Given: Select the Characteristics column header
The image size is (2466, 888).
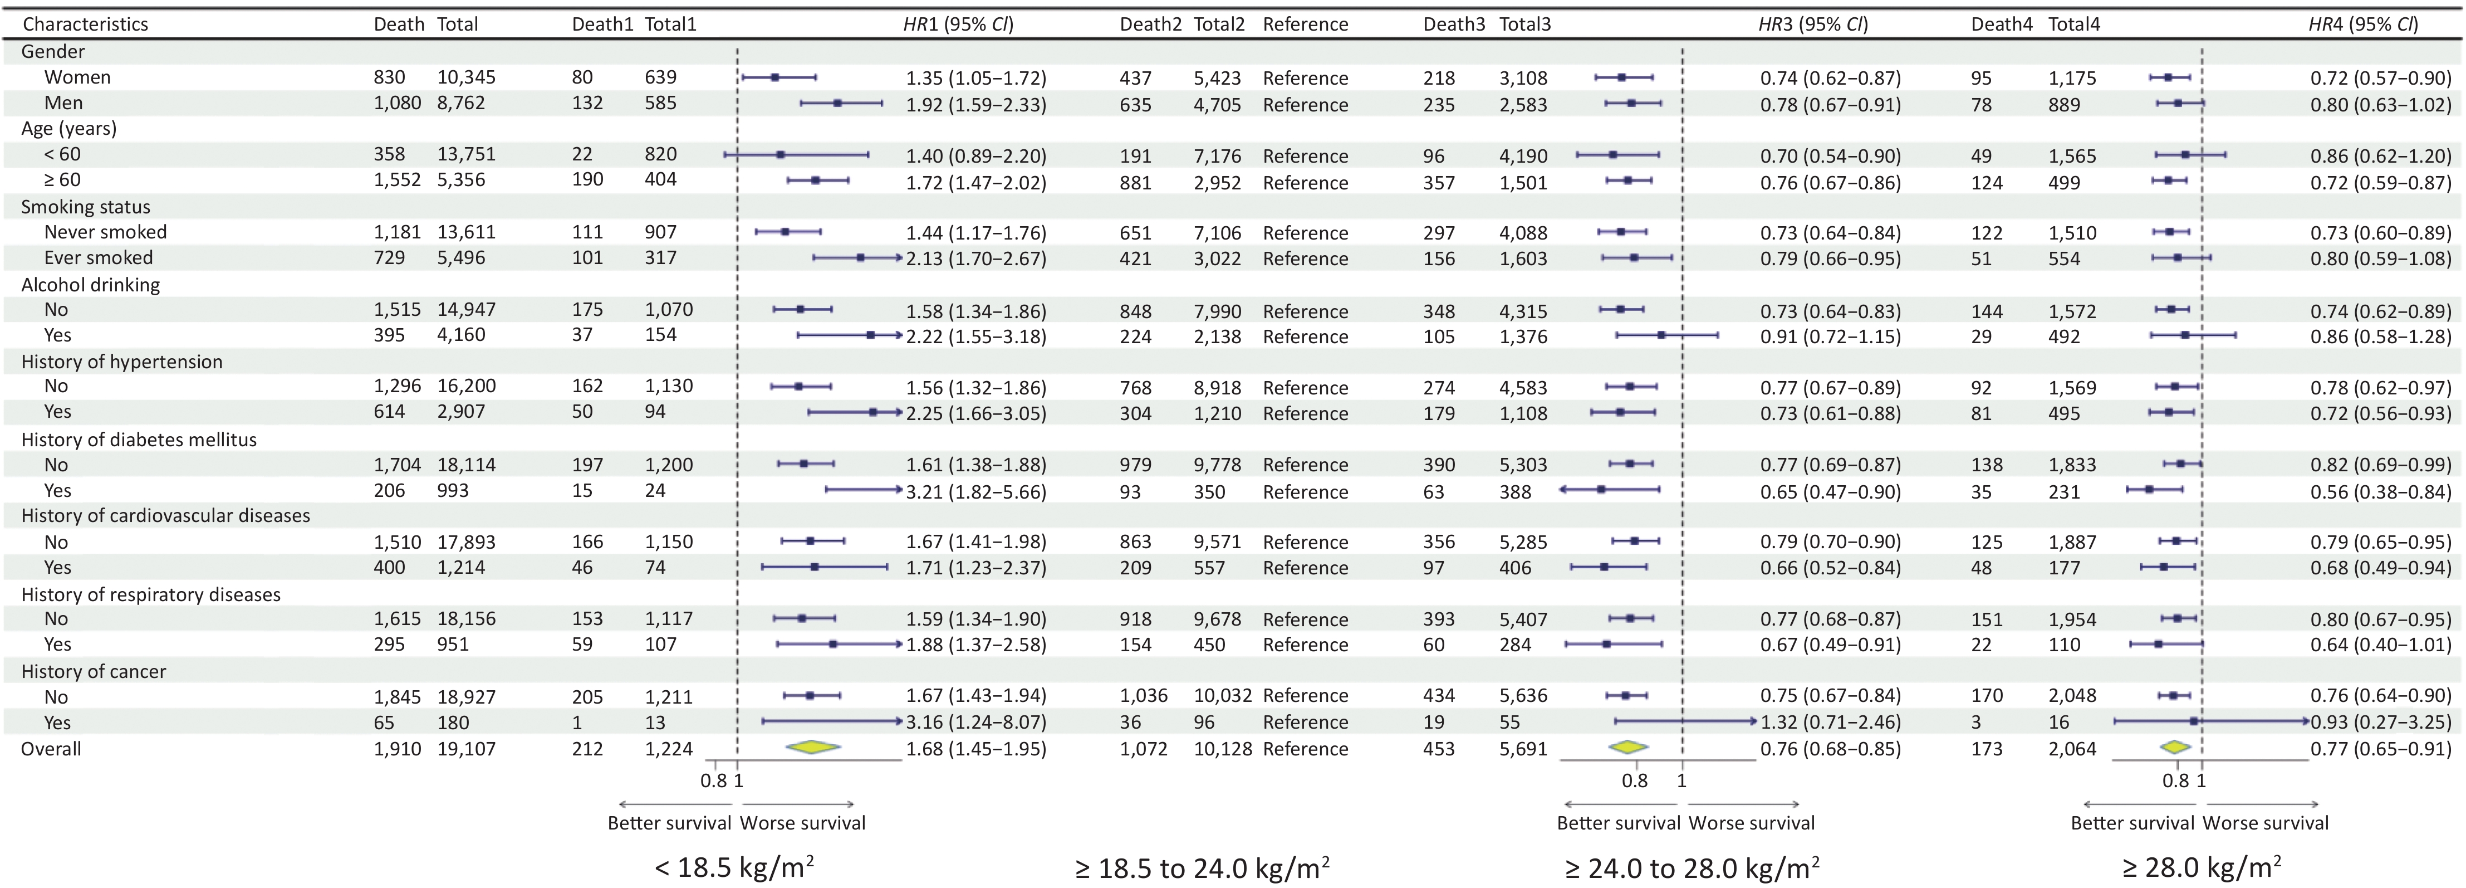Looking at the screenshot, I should tap(85, 24).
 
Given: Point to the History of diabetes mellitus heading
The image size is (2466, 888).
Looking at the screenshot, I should tap(139, 440).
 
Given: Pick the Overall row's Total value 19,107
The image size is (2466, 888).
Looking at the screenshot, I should tap(466, 749).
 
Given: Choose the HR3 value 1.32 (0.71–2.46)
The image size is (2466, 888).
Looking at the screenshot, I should tap(1830, 723).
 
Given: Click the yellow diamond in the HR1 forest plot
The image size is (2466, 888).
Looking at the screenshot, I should tap(813, 747).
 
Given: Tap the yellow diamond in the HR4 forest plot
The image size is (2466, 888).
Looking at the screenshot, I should tap(2176, 747).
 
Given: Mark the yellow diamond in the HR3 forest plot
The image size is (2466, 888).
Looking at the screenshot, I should tap(1629, 747).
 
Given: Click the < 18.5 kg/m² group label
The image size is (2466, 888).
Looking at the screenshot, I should tap(734, 868).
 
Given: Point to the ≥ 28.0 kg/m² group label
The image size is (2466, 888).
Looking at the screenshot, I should tap(2201, 868).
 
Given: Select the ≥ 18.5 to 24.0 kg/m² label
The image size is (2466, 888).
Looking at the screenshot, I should tap(1202, 868).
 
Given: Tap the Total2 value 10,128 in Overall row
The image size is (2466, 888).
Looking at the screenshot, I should tap(1223, 749).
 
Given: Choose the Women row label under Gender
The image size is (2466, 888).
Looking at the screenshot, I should tap(77, 77).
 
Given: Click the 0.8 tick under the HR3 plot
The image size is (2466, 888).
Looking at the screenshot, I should tap(1634, 780).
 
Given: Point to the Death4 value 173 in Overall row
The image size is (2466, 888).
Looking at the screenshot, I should tap(1987, 749).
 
